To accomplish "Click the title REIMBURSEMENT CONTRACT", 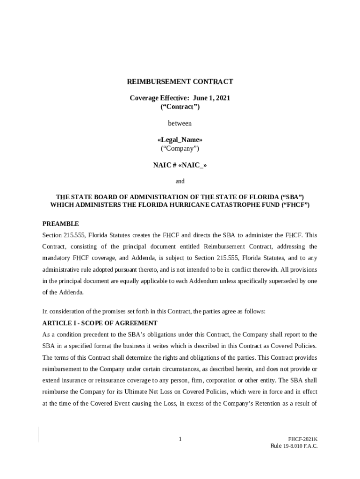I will pyautogui.click(x=180, y=82).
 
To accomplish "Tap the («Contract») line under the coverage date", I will pyautogui.click(x=180, y=107).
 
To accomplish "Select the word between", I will pyautogui.click(x=180, y=123).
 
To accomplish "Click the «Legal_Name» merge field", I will pyautogui.click(x=180, y=140).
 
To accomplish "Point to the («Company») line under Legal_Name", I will pyautogui.click(x=180, y=148).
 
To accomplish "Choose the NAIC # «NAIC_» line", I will pyautogui.click(x=180, y=165).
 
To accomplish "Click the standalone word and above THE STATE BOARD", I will pyautogui.click(x=180, y=181).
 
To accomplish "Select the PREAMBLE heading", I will pyautogui.click(x=61, y=224).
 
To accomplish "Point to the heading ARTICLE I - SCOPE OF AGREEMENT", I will pyautogui.click(x=100, y=323).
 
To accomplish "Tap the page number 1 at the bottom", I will pyautogui.click(x=180, y=439).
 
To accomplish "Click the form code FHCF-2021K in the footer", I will pyautogui.click(x=302, y=439).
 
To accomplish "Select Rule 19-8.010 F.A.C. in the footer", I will pyautogui.click(x=294, y=446).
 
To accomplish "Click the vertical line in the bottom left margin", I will pyautogui.click(x=38, y=434).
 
